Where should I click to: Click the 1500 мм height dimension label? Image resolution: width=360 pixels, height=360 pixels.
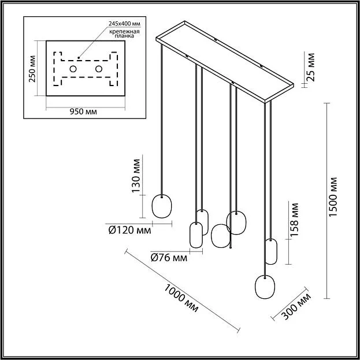click(333, 196)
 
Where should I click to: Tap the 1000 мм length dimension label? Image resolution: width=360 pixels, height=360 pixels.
click(181, 299)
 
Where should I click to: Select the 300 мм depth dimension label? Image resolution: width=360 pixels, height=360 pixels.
click(296, 306)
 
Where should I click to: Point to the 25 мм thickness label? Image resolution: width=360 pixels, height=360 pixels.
click(310, 67)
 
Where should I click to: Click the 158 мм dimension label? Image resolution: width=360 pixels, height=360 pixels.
click(294, 220)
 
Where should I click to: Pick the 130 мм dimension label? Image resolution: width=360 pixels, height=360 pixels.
click(136, 176)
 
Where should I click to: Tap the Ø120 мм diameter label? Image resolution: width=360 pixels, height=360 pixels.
click(129, 231)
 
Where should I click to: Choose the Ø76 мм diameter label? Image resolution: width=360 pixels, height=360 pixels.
click(169, 258)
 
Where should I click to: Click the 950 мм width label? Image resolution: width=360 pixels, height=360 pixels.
click(83, 112)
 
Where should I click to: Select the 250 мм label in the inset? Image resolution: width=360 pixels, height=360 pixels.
click(32, 69)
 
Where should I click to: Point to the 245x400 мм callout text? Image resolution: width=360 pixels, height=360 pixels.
click(124, 24)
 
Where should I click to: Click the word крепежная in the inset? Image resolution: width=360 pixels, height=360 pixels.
click(124, 31)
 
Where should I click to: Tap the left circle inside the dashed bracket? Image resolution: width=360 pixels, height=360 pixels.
click(73, 69)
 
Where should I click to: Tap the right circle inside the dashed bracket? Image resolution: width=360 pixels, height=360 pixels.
click(99, 69)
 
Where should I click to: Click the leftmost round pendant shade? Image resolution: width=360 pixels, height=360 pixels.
click(162, 206)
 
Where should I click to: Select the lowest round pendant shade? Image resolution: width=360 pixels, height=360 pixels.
click(265, 287)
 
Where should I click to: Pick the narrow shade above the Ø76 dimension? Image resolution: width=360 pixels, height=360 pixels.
click(196, 235)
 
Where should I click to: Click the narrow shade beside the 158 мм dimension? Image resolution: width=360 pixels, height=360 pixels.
click(271, 251)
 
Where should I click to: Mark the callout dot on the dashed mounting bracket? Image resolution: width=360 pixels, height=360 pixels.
click(79, 58)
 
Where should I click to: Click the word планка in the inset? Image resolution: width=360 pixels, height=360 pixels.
click(124, 36)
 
